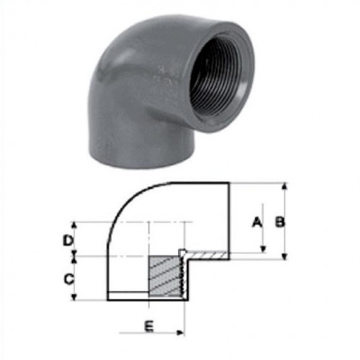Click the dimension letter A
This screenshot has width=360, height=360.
pyautogui.click(x=257, y=222)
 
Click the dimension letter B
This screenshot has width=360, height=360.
pyautogui.click(x=280, y=222)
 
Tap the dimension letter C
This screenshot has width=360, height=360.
pyautogui.click(x=69, y=279)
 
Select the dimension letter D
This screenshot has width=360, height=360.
pyautogui.click(x=68, y=241)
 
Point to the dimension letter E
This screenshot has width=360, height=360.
pyautogui.click(x=149, y=327)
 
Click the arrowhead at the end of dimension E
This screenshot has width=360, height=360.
pyautogui.click(x=181, y=332)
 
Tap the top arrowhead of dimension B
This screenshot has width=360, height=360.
pyautogui.click(x=285, y=186)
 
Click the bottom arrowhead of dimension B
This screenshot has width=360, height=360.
pyautogui.click(x=285, y=256)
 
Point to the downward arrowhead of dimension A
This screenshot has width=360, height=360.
pyautogui.click(x=263, y=249)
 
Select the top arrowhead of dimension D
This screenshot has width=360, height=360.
pyautogui.click(x=74, y=225)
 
